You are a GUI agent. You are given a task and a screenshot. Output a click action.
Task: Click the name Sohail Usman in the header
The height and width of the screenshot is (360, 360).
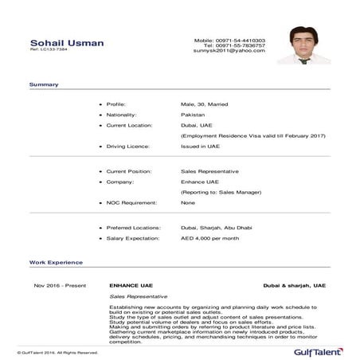pyautogui.click(x=67, y=42)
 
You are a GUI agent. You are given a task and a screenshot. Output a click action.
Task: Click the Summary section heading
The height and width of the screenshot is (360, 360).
pyautogui.click(x=43, y=84)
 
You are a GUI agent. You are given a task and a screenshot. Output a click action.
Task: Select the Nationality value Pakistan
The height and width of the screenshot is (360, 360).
pyautogui.click(x=194, y=115)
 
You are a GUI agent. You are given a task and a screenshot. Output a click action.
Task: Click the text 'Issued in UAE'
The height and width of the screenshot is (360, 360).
pyautogui.click(x=200, y=147)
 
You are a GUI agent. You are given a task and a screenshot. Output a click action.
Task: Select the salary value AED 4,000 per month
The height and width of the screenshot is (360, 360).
pyautogui.click(x=211, y=237)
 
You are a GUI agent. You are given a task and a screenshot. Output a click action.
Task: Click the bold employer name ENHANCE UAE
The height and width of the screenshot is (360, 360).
pyautogui.click(x=131, y=284)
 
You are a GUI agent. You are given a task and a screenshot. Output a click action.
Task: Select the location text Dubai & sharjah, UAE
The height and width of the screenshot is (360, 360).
pyautogui.click(x=295, y=284)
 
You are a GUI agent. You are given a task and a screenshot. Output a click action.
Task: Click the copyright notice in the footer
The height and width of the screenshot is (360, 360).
pyautogui.click(x=58, y=351)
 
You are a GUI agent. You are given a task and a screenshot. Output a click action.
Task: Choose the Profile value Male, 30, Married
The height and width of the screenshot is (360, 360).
pyautogui.click(x=206, y=104)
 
